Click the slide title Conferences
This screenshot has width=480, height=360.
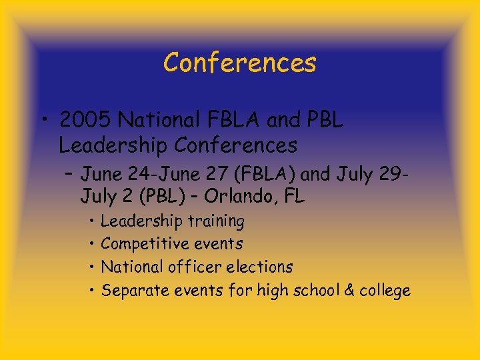tap(239, 63)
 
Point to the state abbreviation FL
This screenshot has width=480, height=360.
tap(294, 197)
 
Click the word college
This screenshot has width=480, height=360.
tap(385, 291)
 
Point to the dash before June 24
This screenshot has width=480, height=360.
tap(70, 175)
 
